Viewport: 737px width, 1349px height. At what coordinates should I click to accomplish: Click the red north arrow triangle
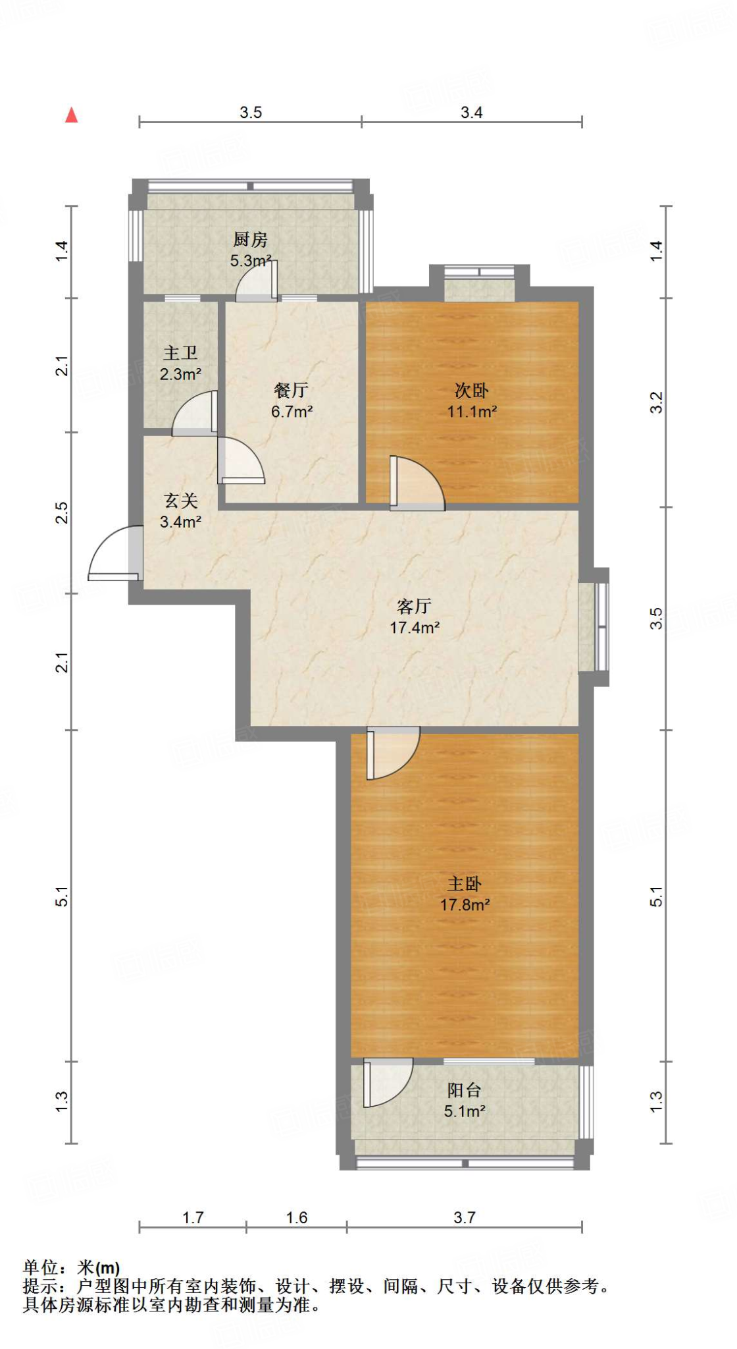[72, 116]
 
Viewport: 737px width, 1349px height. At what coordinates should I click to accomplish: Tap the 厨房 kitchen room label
[250, 239]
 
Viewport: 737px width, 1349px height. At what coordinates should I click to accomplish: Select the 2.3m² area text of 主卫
[180, 374]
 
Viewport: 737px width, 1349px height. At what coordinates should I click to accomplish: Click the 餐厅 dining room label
[291, 391]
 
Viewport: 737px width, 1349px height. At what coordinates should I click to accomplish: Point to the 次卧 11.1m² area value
[472, 412]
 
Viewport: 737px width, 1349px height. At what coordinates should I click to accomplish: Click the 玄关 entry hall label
[181, 501]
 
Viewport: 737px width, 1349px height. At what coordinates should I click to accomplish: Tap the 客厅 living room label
[414, 606]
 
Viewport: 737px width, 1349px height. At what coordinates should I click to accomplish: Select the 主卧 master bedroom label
[465, 884]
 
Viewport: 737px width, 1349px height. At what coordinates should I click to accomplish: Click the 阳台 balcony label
[465, 1090]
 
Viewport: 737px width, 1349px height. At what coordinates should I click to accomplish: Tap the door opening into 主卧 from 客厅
[391, 752]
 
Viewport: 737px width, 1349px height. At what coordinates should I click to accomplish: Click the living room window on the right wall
[601, 626]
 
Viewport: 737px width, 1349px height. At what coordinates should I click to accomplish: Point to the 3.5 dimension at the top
[251, 113]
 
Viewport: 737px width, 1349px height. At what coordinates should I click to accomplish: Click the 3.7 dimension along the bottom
[464, 1218]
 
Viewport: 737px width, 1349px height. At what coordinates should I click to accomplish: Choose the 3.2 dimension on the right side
[656, 402]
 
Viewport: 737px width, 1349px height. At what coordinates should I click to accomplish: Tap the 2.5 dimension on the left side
[61, 512]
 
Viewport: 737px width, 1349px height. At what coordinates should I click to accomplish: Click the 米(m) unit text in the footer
[99, 1267]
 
